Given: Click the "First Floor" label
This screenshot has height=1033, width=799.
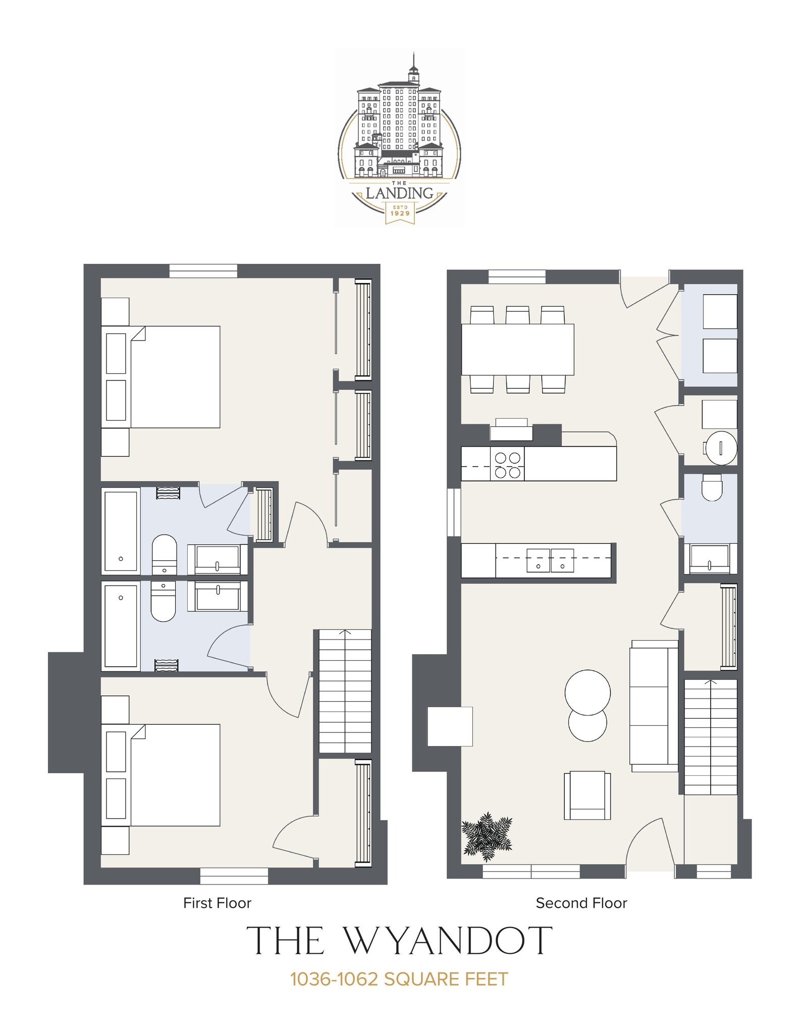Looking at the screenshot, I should pyautogui.click(x=217, y=903).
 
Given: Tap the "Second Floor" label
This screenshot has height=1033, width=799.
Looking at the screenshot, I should pyautogui.click(x=581, y=903).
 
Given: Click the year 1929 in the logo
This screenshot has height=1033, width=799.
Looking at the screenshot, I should pyautogui.click(x=400, y=213).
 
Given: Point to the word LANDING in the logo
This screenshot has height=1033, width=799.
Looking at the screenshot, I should pyautogui.click(x=399, y=193).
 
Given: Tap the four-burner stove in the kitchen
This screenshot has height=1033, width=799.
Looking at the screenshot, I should pyautogui.click(x=507, y=465).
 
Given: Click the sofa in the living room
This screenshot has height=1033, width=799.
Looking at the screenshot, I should pyautogui.click(x=654, y=706).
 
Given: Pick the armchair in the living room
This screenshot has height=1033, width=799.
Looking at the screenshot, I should pyautogui.click(x=587, y=795).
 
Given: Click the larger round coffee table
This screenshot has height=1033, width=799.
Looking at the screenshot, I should pyautogui.click(x=588, y=692).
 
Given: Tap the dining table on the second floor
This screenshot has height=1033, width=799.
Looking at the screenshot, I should pyautogui.click(x=517, y=349).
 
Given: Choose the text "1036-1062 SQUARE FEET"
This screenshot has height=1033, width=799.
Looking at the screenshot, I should pyautogui.click(x=399, y=979).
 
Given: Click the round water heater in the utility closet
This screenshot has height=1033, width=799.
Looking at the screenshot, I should pyautogui.click(x=721, y=447).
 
